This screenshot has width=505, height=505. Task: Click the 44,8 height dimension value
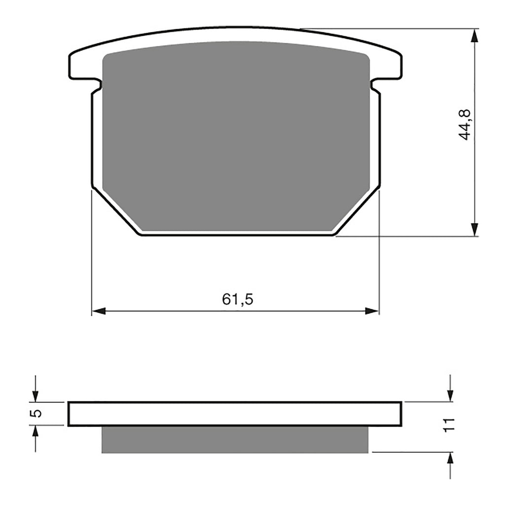click(465, 125)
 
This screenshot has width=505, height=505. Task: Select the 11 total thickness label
click(448, 425)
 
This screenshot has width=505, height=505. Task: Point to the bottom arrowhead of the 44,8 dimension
click(474, 229)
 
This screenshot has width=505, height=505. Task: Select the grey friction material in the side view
click(235, 439)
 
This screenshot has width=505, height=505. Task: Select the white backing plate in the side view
click(235, 414)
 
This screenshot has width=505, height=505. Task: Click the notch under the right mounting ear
click(375, 85)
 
